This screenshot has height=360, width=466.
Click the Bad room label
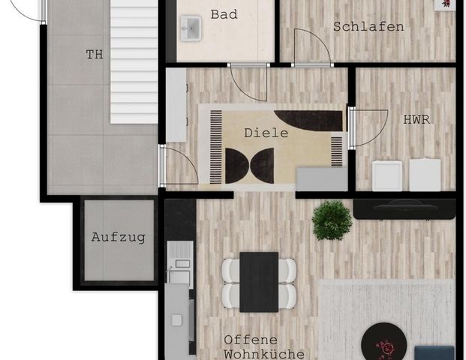(225, 14)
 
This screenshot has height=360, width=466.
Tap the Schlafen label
(368, 27)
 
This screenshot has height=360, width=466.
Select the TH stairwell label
(94, 54)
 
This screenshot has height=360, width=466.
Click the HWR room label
(416, 119)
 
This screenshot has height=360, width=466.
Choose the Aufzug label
(118, 237)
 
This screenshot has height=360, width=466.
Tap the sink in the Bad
(191, 28)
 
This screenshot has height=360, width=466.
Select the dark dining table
(259, 281)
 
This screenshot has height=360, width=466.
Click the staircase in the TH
(134, 61)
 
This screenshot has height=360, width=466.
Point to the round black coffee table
(383, 343)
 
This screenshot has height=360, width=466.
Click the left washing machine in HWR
(388, 175)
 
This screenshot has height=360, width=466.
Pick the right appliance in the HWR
(425, 175)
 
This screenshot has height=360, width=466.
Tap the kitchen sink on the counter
(179, 266)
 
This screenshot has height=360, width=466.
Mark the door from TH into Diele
(179, 166)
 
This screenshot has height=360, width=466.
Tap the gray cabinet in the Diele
(321, 178)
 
